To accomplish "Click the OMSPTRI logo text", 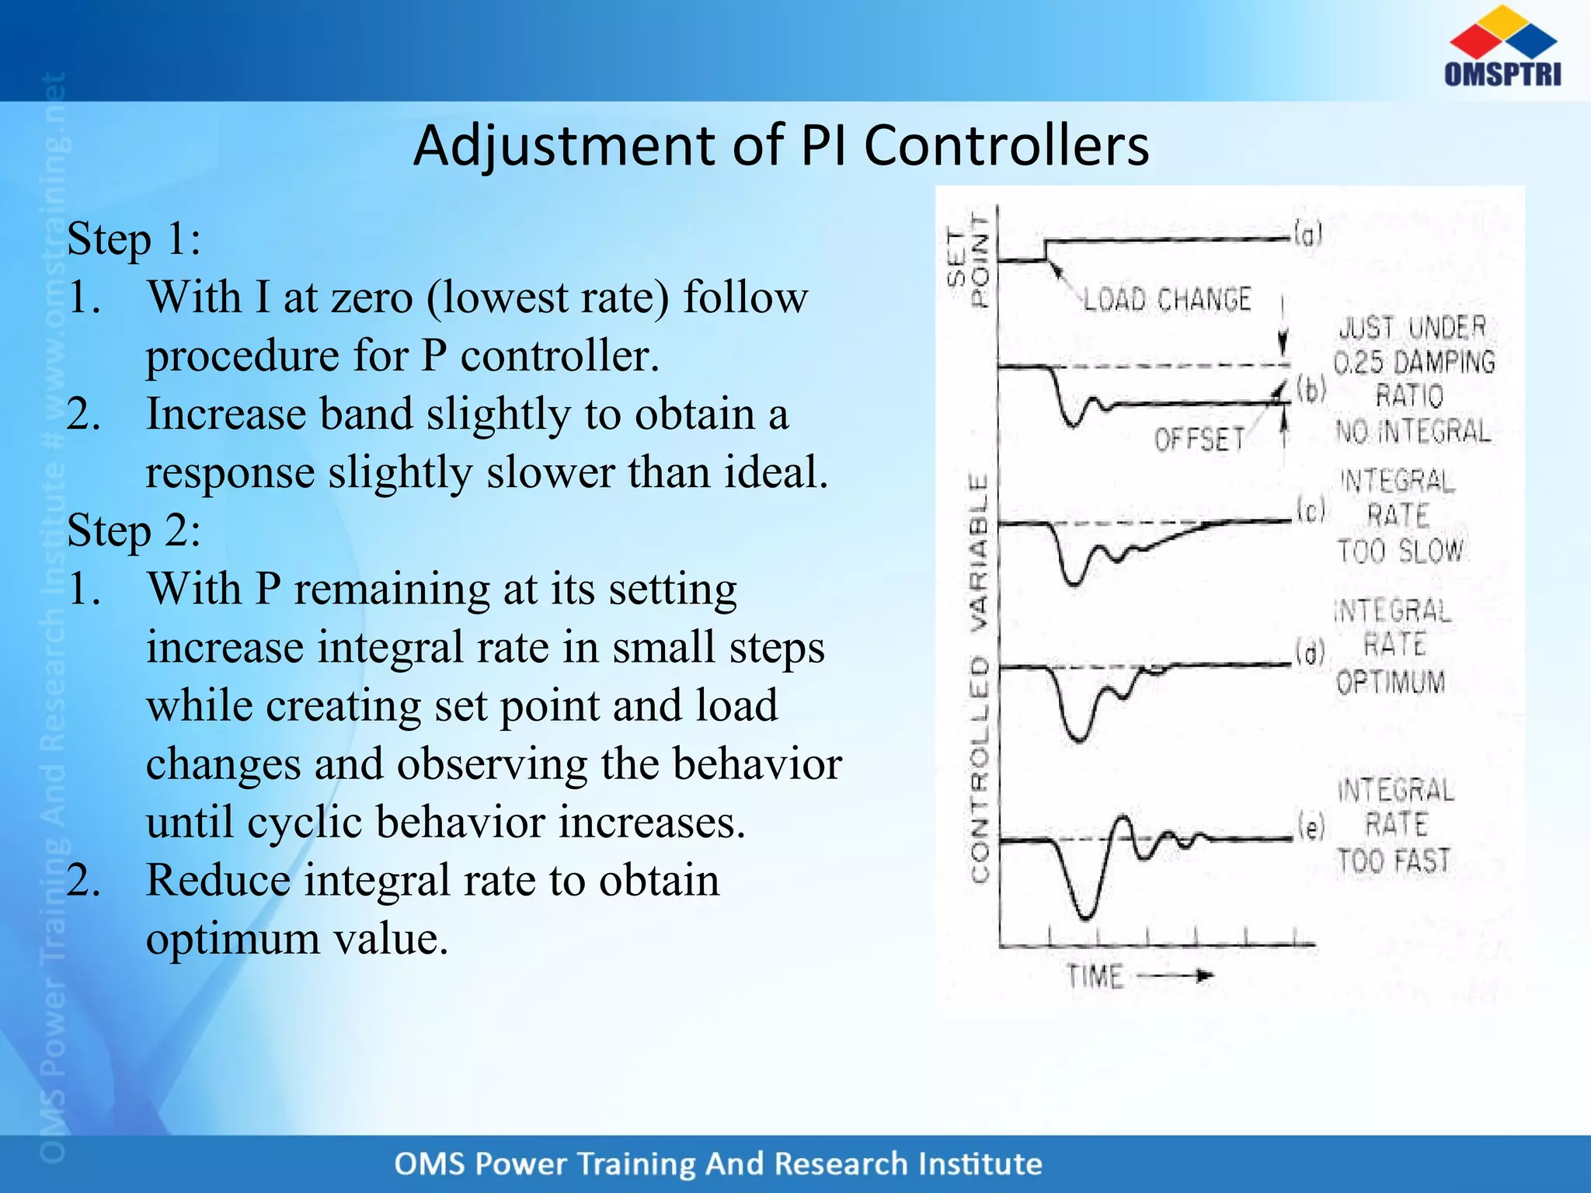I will click(1502, 75).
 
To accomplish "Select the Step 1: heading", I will click(134, 238).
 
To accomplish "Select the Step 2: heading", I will click(134, 530).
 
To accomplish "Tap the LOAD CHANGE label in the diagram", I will click(1167, 300).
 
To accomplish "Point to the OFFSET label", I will click(1199, 440).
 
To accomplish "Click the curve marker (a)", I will click(1307, 234).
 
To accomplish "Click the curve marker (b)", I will click(1311, 390).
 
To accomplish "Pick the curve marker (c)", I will click(1311, 510).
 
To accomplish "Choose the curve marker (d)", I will click(1310, 652).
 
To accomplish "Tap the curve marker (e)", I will click(1311, 828).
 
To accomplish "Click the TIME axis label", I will click(1095, 976).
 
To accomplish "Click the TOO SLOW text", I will click(1400, 551).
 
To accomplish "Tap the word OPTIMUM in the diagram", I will click(1391, 682).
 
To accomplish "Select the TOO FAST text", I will click(1394, 861).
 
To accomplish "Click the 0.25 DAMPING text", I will click(1414, 363).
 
